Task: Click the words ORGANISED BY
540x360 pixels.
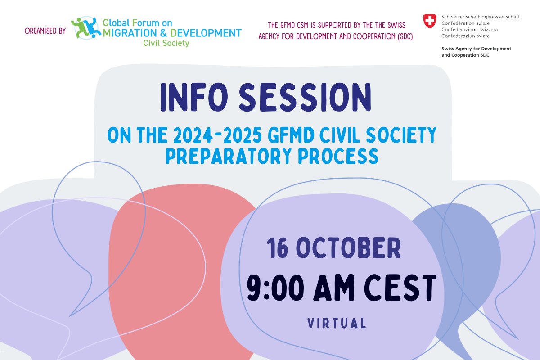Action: pos(45,31)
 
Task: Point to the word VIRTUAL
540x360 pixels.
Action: pos(336,323)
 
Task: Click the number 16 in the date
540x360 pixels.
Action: pos(279,248)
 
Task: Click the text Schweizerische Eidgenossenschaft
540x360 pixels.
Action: pos(481,17)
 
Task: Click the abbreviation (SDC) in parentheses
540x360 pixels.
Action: pos(402,36)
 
